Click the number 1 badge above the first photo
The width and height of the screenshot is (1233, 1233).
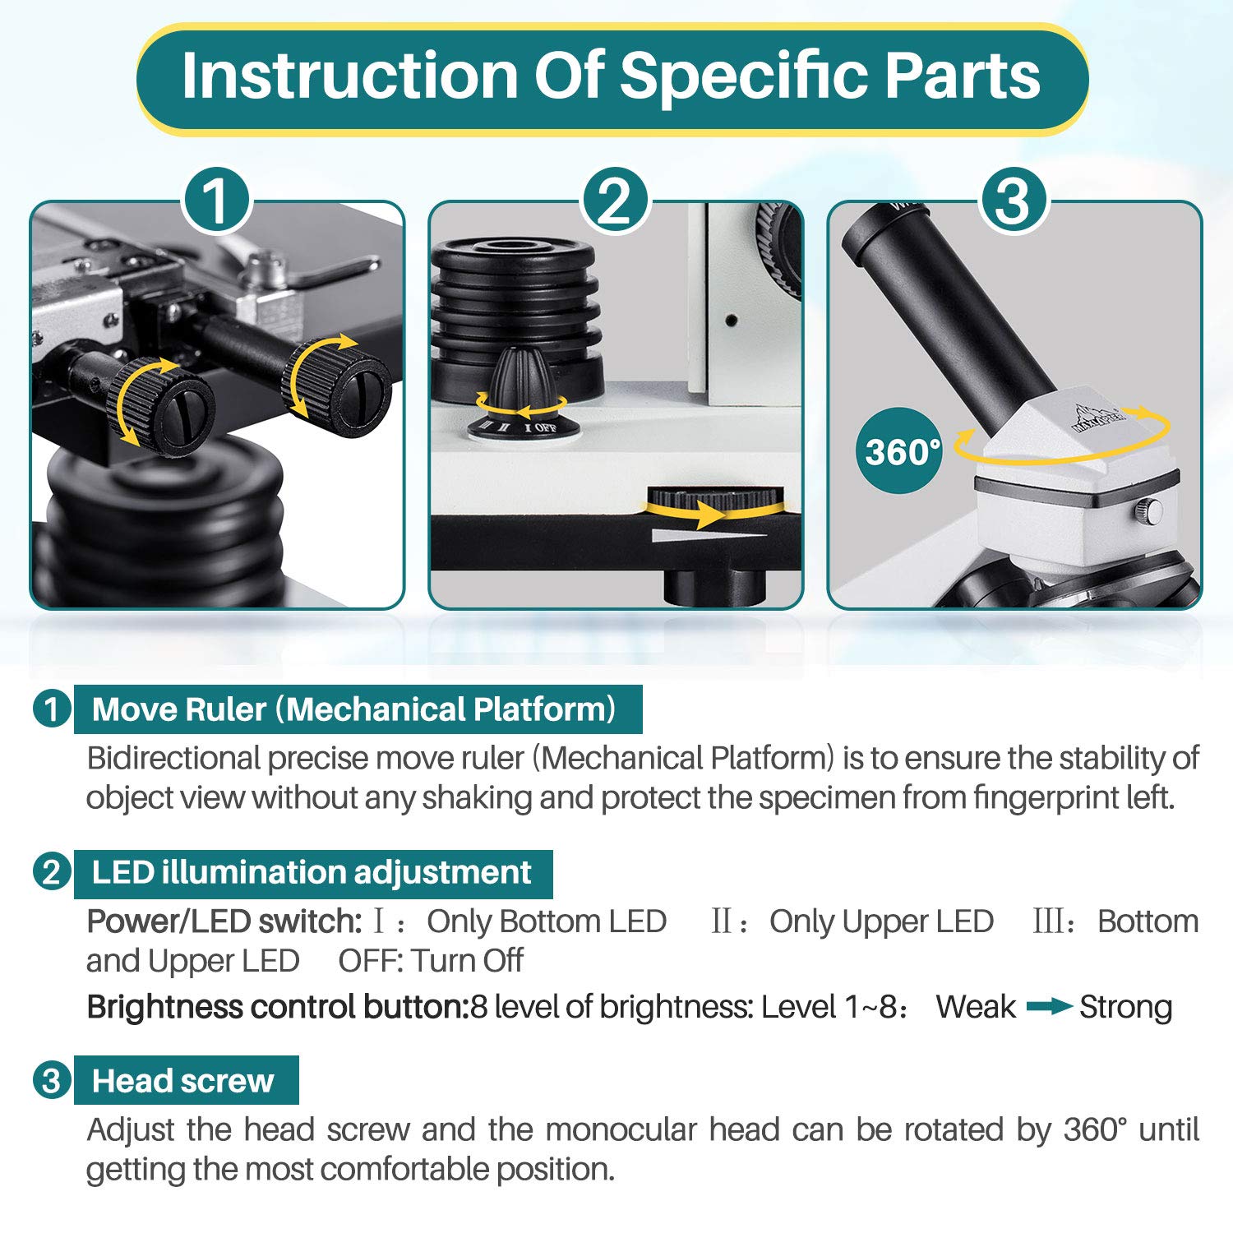click(x=215, y=201)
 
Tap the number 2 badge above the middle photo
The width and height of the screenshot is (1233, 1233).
click(x=615, y=201)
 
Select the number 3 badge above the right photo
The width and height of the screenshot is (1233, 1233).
click(x=1013, y=201)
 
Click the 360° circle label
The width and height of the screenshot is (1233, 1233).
click(x=902, y=451)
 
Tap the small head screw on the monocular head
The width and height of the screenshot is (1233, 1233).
click(x=1148, y=511)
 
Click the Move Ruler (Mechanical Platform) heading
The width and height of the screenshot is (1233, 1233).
click(x=354, y=709)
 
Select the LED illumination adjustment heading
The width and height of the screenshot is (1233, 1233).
click(x=312, y=873)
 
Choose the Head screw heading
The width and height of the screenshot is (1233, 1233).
click(x=183, y=1081)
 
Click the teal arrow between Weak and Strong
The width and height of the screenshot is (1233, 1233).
click(x=1048, y=1006)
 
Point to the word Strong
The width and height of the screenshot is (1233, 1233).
click(x=1125, y=1007)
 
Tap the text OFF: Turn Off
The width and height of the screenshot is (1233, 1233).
click(x=431, y=960)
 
